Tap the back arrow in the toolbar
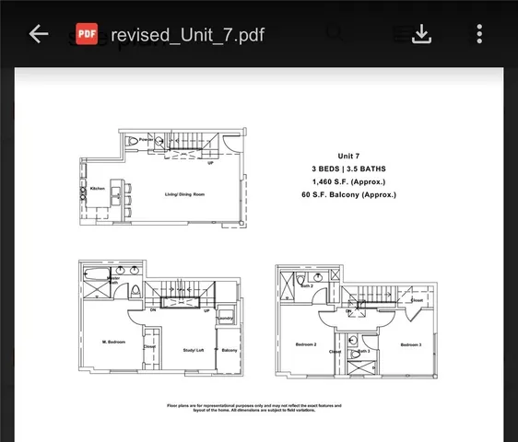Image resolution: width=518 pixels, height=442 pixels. [x=38, y=34]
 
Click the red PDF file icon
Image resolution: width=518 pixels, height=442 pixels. [x=87, y=34]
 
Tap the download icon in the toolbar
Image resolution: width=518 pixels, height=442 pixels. [x=421, y=34]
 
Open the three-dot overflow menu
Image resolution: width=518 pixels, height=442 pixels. [x=479, y=34]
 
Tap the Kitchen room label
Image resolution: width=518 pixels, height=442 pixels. [x=98, y=189]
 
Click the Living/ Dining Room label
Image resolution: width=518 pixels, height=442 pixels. [x=184, y=194]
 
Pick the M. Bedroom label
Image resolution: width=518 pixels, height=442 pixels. [x=113, y=343]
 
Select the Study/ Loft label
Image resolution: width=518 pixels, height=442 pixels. [x=193, y=350]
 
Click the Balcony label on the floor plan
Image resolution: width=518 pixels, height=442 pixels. [x=230, y=350]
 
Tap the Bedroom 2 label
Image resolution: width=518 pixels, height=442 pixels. [x=306, y=344]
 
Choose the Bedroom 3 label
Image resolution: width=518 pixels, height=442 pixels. [x=411, y=344]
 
